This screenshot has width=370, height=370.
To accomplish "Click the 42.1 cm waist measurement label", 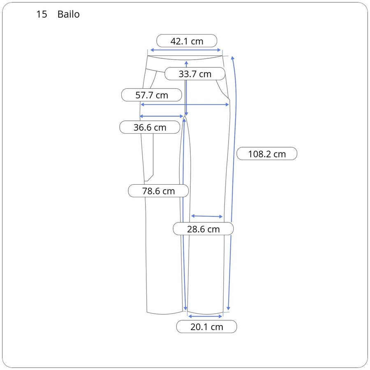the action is tap(187, 41).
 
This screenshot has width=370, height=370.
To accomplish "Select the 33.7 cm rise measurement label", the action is tap(195, 74).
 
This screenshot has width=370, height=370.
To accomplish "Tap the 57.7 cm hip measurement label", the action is tap(151, 95).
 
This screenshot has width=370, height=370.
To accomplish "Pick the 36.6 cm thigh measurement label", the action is tap(150, 127).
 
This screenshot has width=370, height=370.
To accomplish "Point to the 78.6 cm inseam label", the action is tap(158, 191).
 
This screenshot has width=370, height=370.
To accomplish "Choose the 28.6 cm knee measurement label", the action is tap(203, 229).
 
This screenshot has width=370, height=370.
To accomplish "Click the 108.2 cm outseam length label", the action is tap(267, 154).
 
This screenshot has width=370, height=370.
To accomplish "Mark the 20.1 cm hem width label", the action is tap(206, 326).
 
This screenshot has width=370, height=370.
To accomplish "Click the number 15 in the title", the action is tap(42, 14).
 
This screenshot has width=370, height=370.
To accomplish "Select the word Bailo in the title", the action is tap(68, 14).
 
